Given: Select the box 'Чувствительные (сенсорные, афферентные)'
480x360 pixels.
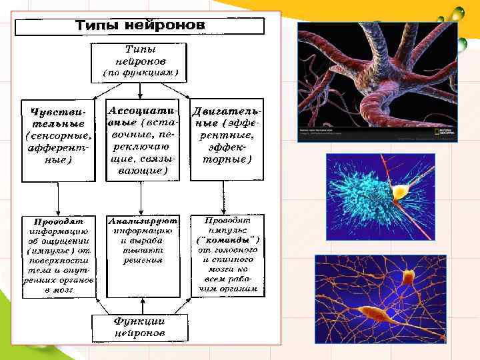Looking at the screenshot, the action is coord(59,141).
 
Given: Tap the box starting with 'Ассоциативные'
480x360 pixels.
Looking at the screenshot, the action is coord(143,140).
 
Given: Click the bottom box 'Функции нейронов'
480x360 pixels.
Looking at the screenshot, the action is coord(139,327).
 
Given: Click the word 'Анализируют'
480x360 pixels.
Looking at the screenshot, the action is coord(143,219).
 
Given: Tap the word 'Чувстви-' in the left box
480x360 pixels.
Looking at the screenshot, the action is coord(59,113).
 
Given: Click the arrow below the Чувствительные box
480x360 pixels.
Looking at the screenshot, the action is coord(59,198).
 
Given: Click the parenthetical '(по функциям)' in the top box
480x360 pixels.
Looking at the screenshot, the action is coord(141,71).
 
